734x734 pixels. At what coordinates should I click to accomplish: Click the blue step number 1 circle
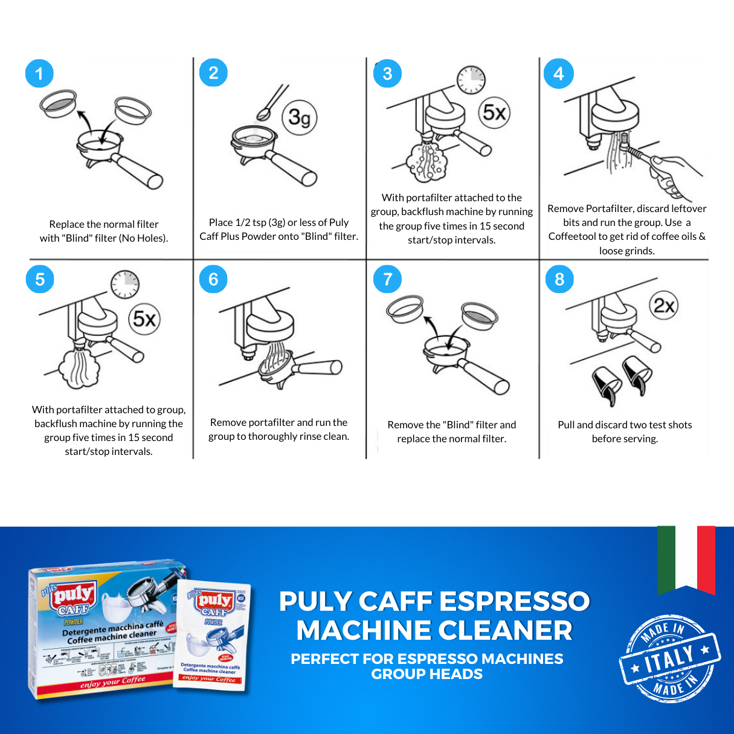click(39, 74)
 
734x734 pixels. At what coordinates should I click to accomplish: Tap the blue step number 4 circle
click(559, 74)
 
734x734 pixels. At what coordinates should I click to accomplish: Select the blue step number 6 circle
click(213, 279)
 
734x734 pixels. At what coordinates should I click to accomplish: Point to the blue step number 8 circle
click(559, 279)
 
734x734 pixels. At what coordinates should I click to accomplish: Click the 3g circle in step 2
click(300, 117)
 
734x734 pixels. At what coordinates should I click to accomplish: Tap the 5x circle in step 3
click(494, 112)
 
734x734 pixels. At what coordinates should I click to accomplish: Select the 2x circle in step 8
click(664, 306)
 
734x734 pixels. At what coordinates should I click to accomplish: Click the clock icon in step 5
click(125, 284)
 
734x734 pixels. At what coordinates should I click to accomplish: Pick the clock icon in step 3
click(471, 79)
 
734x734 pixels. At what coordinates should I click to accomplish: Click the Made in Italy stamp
click(670, 658)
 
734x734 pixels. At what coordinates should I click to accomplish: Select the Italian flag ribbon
click(686, 559)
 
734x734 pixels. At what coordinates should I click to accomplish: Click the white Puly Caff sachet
click(213, 634)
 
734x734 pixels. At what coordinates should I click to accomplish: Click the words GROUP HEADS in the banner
click(427, 674)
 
